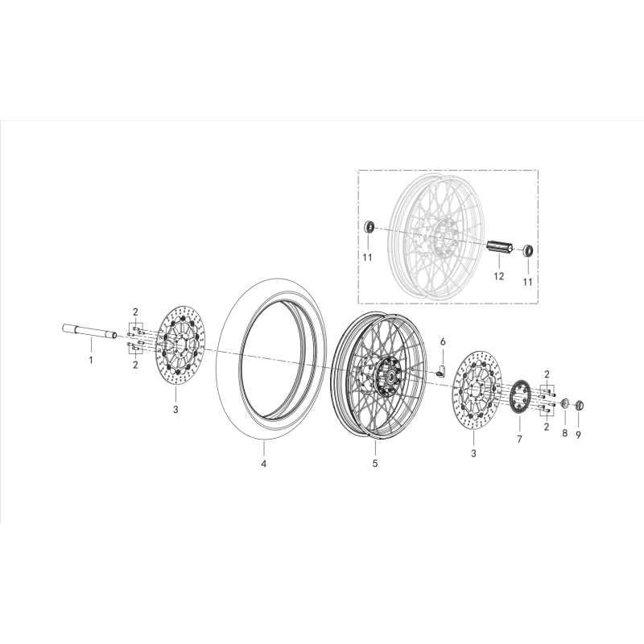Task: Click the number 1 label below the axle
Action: [91, 360]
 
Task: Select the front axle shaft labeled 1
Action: [89, 330]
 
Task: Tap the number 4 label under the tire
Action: [262, 464]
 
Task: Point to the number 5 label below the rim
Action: [375, 464]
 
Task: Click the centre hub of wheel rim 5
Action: [389, 376]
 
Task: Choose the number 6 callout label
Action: [442, 342]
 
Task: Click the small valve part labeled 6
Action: [442, 371]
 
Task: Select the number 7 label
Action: [519, 440]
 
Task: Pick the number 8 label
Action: [565, 433]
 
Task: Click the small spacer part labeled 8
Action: [564, 402]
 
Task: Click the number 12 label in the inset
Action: [498, 276]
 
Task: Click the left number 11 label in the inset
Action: [367, 258]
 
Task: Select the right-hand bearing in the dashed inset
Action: [529, 250]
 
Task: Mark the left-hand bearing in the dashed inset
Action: [371, 225]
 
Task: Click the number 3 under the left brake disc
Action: [175, 410]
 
